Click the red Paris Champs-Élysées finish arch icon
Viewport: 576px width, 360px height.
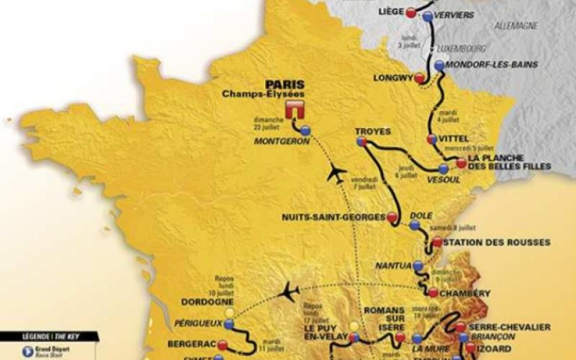[x=294, y=109]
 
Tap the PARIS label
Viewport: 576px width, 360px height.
[x=284, y=83]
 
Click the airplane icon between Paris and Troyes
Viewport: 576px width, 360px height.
[x=335, y=173]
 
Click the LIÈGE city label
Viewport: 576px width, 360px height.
[x=390, y=12]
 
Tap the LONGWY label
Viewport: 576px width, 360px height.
[x=392, y=78]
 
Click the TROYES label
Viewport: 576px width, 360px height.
[x=373, y=131]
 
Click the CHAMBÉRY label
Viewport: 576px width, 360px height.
[x=465, y=293]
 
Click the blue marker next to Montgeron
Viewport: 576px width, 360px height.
[x=306, y=130]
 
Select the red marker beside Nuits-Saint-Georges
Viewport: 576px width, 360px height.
[x=392, y=215]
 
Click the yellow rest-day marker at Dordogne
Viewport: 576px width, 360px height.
[x=229, y=313]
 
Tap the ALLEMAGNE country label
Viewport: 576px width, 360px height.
[x=516, y=25]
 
